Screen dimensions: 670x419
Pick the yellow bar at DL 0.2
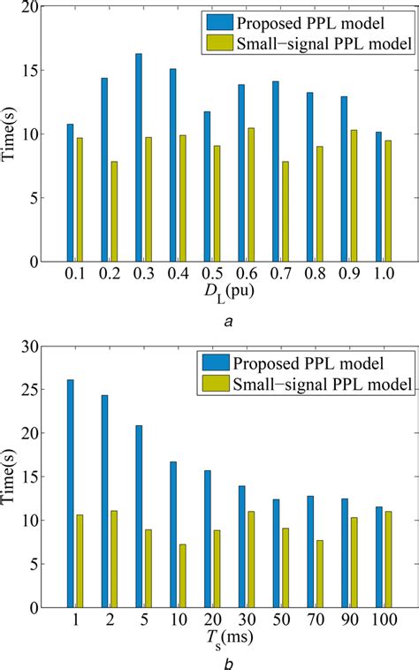[113, 211]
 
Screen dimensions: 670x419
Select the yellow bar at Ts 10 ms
[182, 575]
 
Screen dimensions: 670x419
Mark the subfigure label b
[229, 662]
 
